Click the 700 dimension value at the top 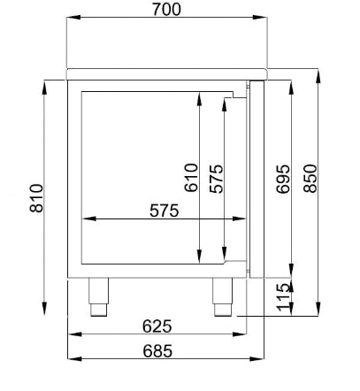(166, 10)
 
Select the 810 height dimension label (36, 198)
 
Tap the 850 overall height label (310, 179)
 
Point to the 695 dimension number (283, 179)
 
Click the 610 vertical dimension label (191, 178)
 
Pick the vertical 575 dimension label (217, 179)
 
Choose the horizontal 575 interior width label (165, 211)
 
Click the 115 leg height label (284, 297)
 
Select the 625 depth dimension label (157, 326)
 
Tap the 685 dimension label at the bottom (157, 351)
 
